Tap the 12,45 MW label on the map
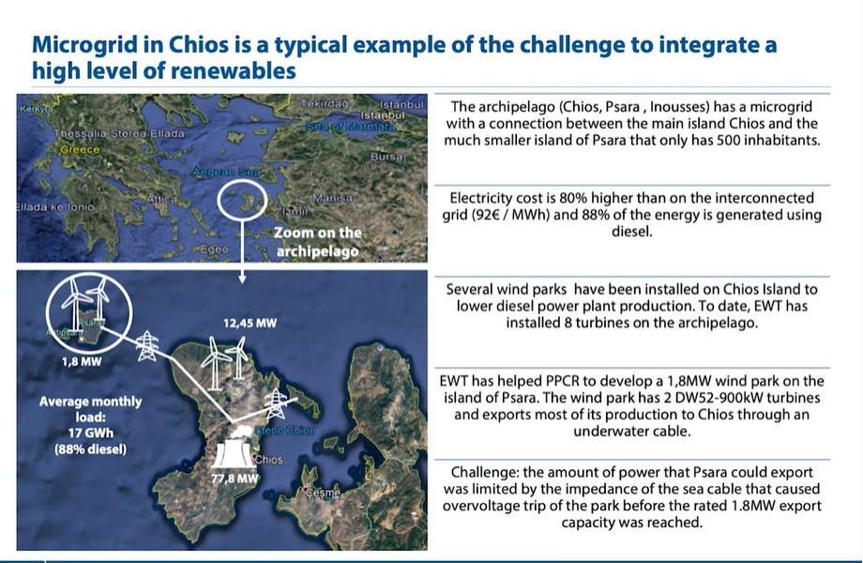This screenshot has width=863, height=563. click(250, 324)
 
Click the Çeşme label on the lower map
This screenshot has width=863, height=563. click(323, 492)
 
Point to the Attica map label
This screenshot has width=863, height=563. click(161, 199)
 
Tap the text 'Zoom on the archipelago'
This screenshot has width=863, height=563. click(317, 242)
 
